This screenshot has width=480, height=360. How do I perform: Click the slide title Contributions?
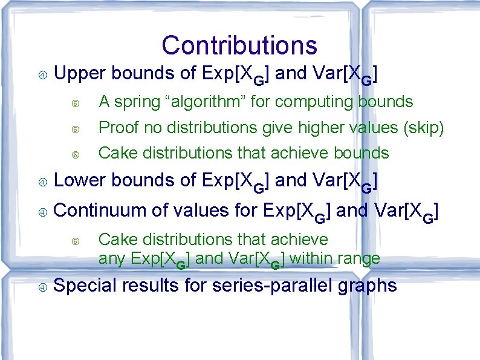pyautogui.click(x=239, y=45)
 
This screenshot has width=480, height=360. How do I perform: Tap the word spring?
pyautogui.click(x=137, y=102)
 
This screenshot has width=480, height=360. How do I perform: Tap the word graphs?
pyautogui.click(x=369, y=286)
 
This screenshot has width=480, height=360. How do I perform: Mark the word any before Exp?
pyautogui.click(x=111, y=259)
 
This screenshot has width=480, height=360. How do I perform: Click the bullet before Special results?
pyautogui.click(x=43, y=286)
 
